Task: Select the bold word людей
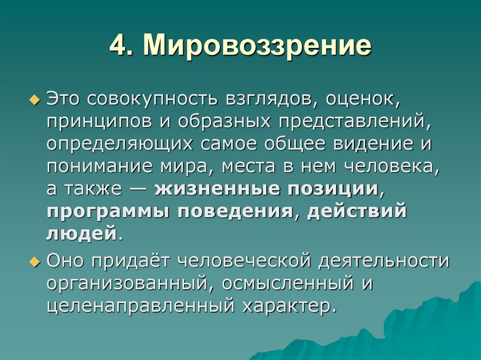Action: click(x=81, y=233)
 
